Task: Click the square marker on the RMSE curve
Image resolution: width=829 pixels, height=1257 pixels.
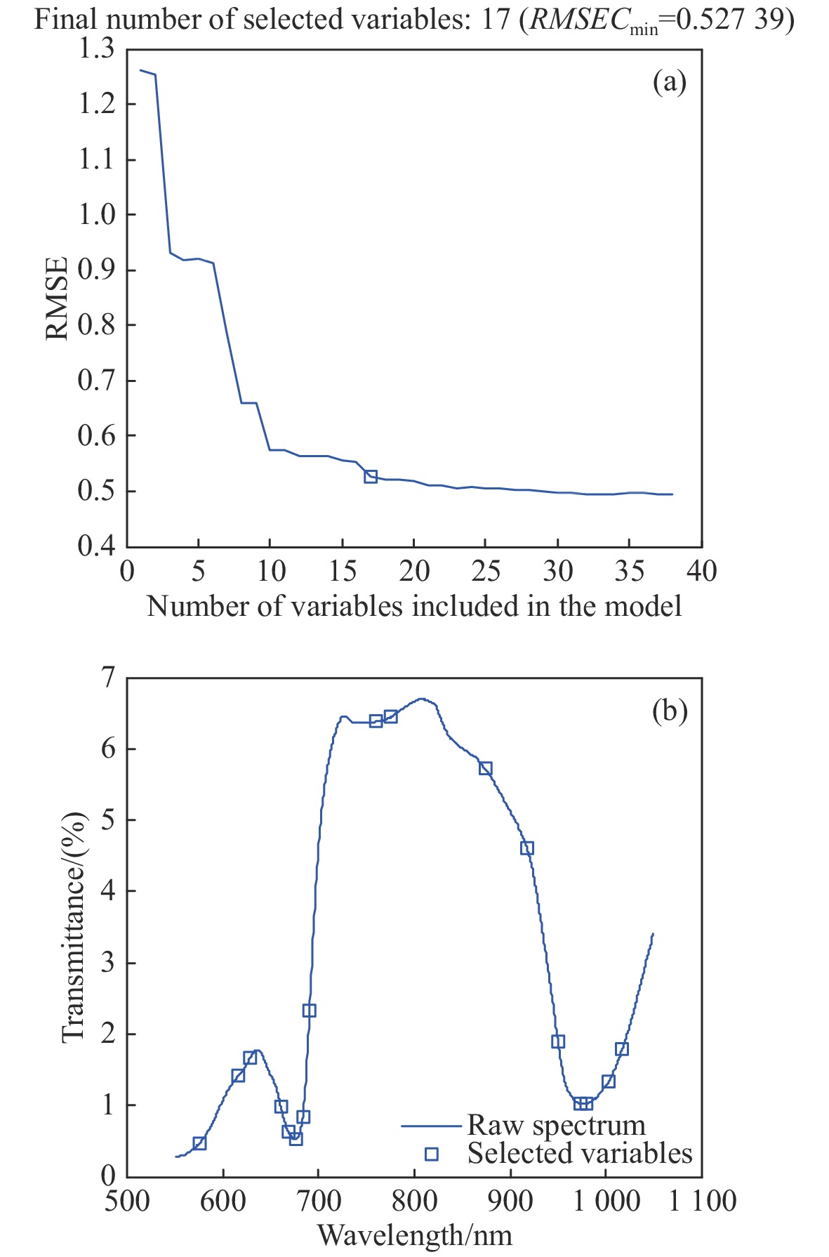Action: (371, 476)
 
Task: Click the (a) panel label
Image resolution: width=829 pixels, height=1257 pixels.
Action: (669, 82)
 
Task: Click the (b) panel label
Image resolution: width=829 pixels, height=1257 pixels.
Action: (669, 711)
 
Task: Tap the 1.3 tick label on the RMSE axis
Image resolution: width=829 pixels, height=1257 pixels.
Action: (95, 49)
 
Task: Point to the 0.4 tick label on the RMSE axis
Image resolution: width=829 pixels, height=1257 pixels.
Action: (95, 546)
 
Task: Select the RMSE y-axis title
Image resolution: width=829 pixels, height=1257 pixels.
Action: (58, 298)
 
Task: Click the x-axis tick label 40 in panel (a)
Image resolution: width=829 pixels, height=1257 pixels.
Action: (701, 572)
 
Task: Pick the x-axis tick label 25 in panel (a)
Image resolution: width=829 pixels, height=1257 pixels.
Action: (486, 572)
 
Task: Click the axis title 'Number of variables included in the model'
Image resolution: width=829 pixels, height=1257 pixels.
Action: (414, 605)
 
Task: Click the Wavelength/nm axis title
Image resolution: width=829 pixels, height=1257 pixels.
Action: (414, 1234)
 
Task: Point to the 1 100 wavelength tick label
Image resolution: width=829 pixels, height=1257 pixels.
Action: (702, 1200)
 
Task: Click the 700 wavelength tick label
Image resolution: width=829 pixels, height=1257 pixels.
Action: (319, 1200)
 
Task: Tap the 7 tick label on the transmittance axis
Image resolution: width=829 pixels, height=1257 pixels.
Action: (107, 678)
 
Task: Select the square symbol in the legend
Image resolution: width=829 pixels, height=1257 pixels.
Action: (432, 1154)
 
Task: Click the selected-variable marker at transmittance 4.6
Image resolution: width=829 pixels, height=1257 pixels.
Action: (527, 848)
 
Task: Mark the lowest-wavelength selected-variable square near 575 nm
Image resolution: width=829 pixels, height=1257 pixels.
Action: (199, 1143)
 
